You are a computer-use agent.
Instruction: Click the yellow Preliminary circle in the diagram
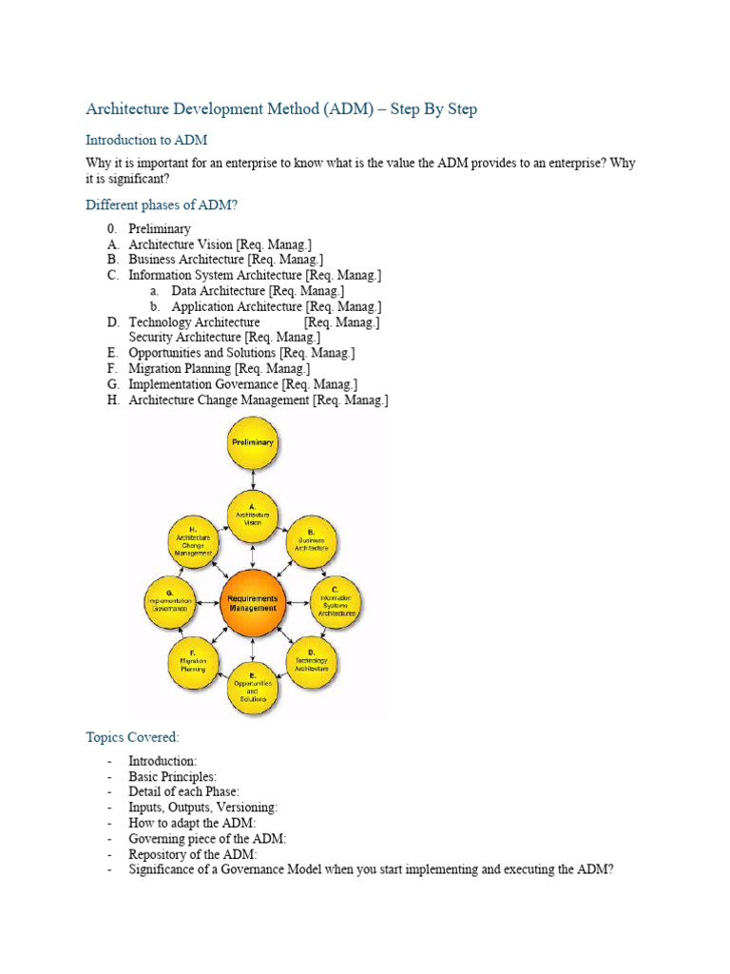(x=252, y=443)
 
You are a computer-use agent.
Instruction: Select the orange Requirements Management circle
(x=252, y=601)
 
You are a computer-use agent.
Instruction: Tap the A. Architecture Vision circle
(x=252, y=516)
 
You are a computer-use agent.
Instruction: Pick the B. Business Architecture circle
(x=311, y=543)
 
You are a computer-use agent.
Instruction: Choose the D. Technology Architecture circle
(x=311, y=661)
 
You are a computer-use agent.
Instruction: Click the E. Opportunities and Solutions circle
(x=252, y=688)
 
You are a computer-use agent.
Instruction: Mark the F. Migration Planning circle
(x=194, y=661)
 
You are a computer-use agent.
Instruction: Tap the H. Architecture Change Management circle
(x=194, y=543)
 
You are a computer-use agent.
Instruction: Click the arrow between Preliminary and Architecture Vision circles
(x=252, y=479)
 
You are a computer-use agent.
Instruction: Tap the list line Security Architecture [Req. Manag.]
(x=224, y=337)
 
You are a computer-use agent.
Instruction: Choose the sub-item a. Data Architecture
(x=257, y=290)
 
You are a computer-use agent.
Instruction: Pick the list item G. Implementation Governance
(x=243, y=383)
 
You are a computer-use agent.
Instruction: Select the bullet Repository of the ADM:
(x=193, y=853)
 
